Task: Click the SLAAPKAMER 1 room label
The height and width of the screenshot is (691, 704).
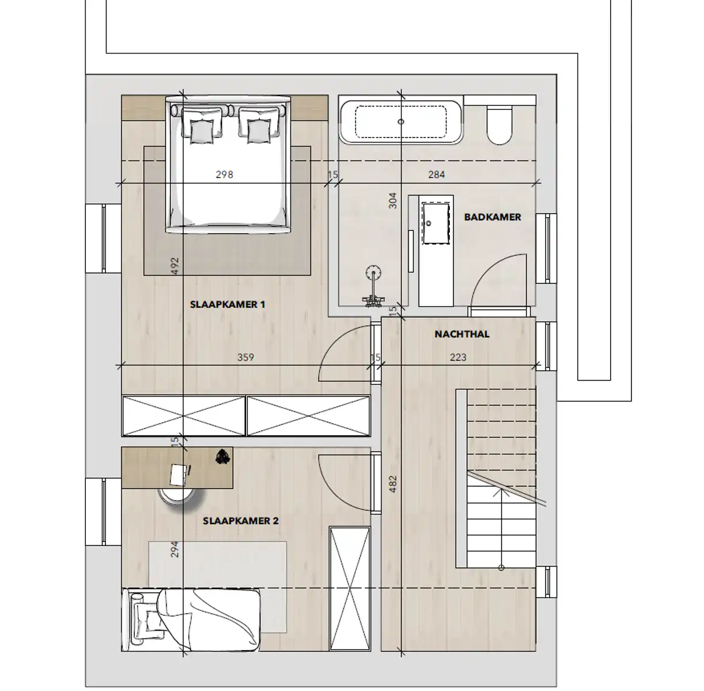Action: click(228, 304)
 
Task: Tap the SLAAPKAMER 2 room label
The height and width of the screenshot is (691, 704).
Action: click(241, 521)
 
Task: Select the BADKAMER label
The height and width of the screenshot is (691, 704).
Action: click(493, 217)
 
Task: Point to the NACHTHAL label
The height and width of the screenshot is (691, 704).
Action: click(462, 334)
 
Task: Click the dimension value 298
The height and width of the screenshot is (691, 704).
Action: click(224, 174)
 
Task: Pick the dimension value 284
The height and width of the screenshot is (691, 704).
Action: click(437, 174)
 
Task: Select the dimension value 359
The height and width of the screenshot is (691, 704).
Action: click(245, 357)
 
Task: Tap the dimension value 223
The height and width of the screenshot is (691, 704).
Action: click(458, 357)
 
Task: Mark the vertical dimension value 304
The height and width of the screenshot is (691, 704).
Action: click(393, 200)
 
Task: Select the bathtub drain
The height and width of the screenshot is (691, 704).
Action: click(401, 122)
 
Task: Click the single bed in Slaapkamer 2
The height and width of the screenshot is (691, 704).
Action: click(193, 619)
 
